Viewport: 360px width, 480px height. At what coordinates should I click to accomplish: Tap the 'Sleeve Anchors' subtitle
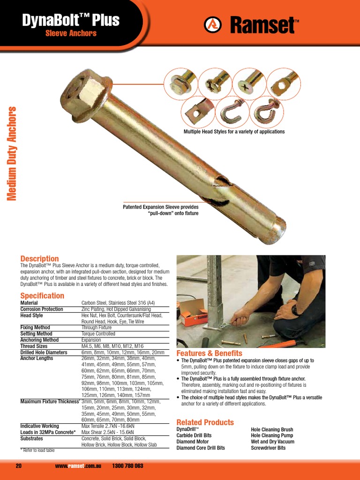coord(71,33)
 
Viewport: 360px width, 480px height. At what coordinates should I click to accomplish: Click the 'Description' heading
coord(39,259)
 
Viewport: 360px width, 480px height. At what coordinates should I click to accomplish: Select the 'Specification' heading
coord(42,296)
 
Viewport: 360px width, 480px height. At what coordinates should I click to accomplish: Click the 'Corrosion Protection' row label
coord(42,309)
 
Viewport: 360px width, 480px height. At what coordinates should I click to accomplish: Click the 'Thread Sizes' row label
coord(34,346)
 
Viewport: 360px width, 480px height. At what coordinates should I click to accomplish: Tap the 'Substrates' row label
coord(31,438)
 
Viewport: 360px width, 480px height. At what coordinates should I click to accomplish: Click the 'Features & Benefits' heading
coord(209,353)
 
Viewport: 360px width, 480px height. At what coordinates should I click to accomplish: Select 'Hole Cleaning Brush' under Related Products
coord(272,429)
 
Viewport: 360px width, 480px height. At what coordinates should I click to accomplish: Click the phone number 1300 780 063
coord(127,466)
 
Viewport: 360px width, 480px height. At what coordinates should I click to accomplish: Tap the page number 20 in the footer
coord(19,466)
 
